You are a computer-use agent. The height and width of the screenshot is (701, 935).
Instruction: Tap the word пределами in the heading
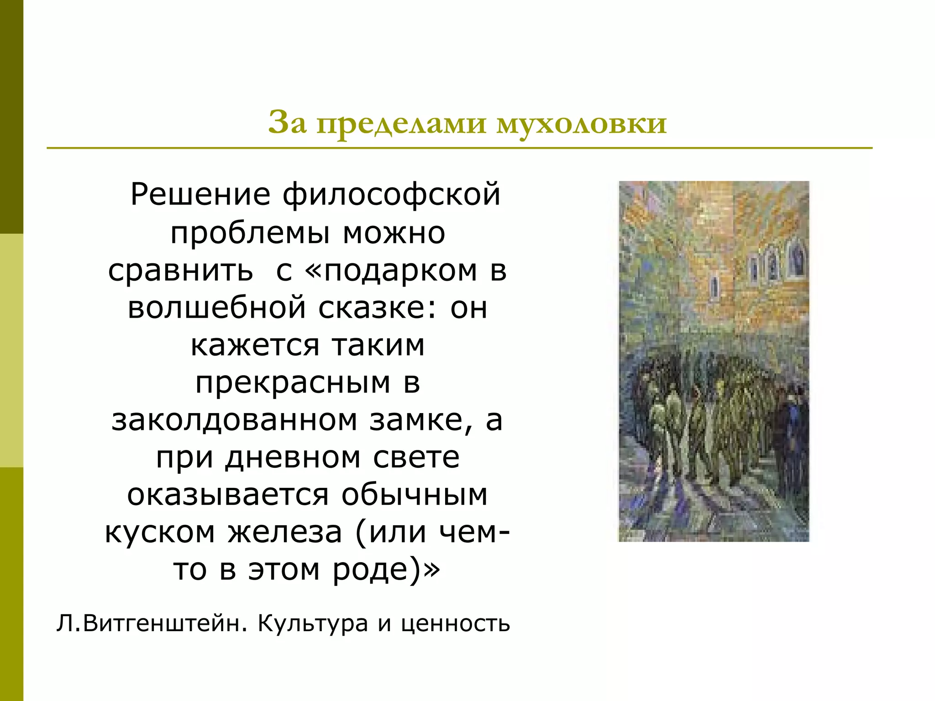402,124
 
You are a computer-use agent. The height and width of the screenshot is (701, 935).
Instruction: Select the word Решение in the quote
201,195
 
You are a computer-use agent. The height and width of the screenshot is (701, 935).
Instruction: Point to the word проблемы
250,233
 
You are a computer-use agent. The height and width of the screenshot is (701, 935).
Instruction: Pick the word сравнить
180,270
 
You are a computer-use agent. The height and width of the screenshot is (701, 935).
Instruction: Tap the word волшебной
217,308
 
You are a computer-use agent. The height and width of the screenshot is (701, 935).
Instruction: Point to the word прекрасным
293,383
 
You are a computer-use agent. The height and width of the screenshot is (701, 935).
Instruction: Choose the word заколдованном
234,420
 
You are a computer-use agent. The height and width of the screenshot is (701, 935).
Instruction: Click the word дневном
293,457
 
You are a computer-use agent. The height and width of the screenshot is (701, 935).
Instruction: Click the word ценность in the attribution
456,624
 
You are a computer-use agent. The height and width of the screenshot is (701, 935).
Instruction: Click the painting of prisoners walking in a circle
714,361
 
